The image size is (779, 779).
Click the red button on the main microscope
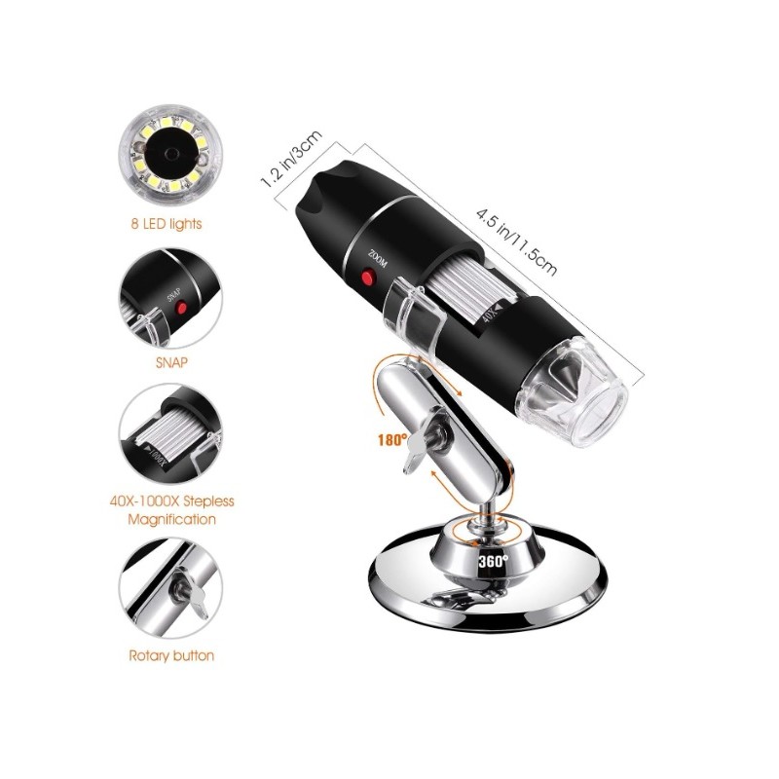click(368, 277)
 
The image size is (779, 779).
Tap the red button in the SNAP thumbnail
click(182, 309)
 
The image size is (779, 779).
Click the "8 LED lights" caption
click(167, 224)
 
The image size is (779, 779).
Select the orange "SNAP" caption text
click(171, 362)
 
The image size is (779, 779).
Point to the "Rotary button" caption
click(171, 655)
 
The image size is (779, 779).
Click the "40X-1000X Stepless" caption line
click(172, 501)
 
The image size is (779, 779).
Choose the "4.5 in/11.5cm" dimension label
click(516, 241)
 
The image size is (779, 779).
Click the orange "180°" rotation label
click(392, 440)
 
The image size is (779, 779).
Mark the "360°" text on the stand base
click(494, 561)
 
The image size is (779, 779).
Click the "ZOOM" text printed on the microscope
click(376, 258)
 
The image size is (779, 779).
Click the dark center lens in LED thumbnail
click(169, 153)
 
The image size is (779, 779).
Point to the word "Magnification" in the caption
click(172, 520)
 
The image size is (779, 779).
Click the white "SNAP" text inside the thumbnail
click(173, 296)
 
